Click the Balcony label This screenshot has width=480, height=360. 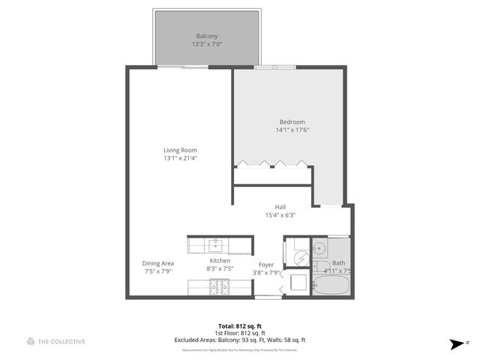pos(206,36)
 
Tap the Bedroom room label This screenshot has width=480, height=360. pos(292,122)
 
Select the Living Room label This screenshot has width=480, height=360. pos(180,150)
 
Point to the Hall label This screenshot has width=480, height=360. pos(280,207)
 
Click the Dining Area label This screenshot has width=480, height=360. pos(158,263)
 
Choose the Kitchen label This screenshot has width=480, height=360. pos(220,260)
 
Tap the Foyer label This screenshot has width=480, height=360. pos(266,265)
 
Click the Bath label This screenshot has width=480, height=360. pos(339,263)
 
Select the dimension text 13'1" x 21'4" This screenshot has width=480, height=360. pos(180,158)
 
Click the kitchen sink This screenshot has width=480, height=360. pos(217,244)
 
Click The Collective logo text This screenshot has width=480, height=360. pos(62,341)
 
